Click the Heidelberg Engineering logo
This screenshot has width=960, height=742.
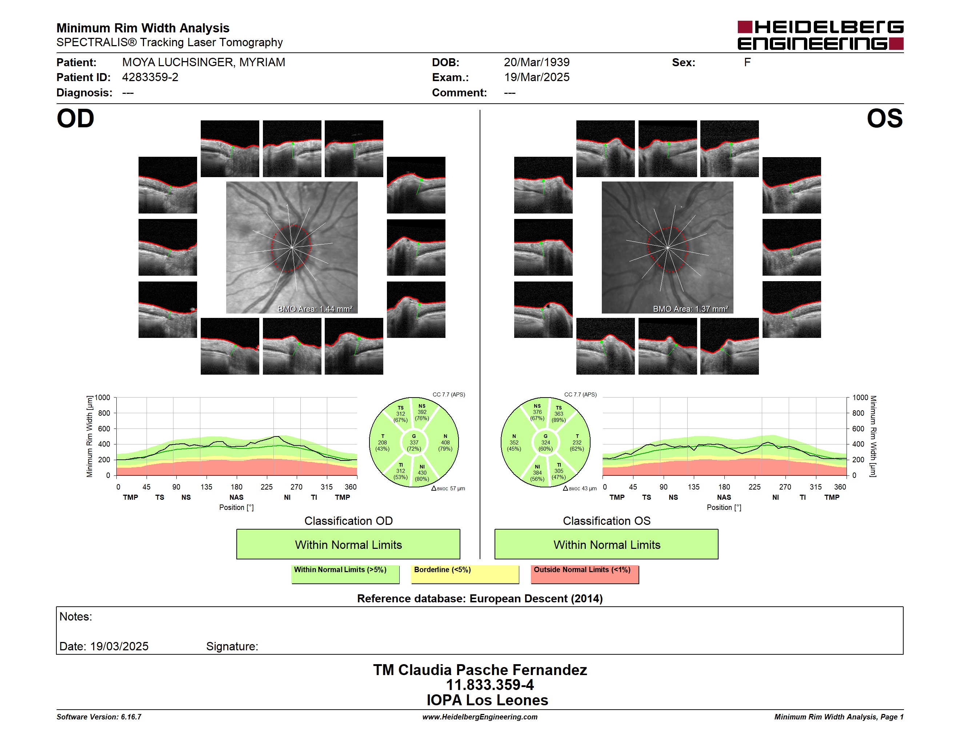tap(820, 35)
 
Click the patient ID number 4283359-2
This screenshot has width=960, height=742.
tap(150, 77)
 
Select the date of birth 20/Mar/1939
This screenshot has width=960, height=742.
tap(536, 63)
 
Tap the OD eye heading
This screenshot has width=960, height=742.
tap(75, 119)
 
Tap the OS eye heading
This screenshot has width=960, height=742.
tap(884, 119)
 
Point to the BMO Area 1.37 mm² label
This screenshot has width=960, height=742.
tap(690, 309)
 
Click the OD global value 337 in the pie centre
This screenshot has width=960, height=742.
tap(413, 443)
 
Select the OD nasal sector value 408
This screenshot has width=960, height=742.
tap(445, 443)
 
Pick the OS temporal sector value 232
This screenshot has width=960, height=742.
tap(577, 443)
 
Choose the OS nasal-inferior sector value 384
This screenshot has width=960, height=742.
tap(537, 473)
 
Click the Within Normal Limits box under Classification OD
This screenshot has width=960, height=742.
tap(348, 544)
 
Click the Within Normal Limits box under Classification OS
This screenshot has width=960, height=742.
tap(607, 544)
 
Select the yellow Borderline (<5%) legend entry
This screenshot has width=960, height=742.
tap(465, 574)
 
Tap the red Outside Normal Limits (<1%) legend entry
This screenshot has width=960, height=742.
tap(585, 574)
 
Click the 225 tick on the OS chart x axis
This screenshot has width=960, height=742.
tap(754, 487)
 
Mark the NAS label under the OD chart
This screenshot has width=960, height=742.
tap(236, 497)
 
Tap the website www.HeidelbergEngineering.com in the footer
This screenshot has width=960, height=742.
tap(480, 717)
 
